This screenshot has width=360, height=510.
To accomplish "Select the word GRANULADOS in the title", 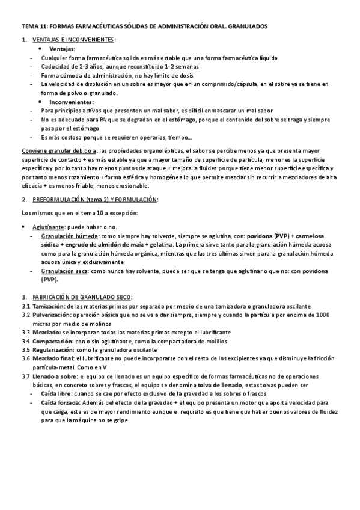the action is [x=245, y=27].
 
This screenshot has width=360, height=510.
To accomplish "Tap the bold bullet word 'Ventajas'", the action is [x=62, y=49].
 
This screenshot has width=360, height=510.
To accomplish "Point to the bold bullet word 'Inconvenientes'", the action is [x=71, y=102].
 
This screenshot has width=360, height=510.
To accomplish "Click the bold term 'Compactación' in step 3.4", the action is [x=52, y=341].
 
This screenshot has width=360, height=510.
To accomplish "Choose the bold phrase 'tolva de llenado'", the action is [x=219, y=384].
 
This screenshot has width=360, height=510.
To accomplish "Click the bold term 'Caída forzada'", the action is [x=61, y=402].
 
